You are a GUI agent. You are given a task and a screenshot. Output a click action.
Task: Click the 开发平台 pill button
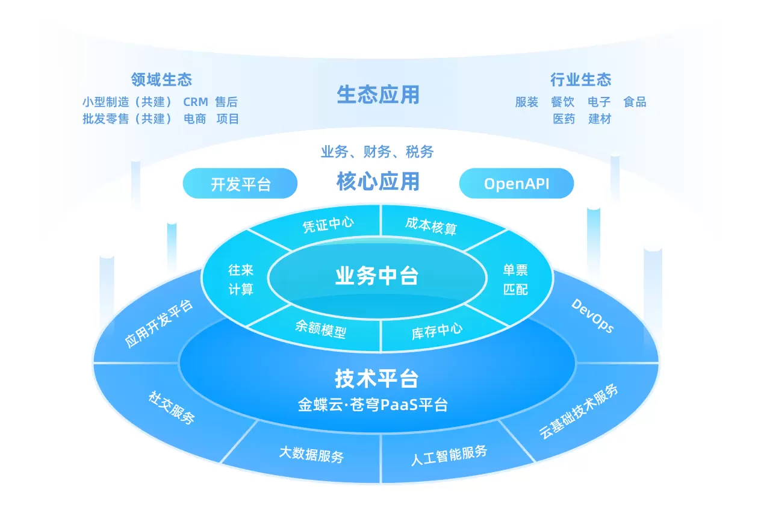click(240, 184)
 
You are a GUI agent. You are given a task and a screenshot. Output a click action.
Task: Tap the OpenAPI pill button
click(517, 184)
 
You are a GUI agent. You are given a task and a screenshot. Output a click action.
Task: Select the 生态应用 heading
click(378, 95)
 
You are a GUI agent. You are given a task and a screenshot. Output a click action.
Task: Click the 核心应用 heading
click(378, 181)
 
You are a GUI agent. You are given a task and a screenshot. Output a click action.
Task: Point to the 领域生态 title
click(162, 79)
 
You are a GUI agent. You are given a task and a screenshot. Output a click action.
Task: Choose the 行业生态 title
click(581, 79)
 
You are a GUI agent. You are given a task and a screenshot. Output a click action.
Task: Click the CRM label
click(196, 102)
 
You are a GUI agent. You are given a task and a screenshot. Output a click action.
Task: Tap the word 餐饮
click(562, 102)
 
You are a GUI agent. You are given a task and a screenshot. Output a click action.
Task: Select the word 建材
click(600, 119)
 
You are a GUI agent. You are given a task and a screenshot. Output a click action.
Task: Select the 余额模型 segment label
click(321, 329)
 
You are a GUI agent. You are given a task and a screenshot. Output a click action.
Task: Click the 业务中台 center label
click(377, 276)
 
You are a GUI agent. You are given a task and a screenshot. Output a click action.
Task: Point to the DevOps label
click(593, 316)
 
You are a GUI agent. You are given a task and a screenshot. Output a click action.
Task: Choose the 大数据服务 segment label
click(311, 455)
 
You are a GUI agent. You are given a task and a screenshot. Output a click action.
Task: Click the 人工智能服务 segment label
click(449, 455)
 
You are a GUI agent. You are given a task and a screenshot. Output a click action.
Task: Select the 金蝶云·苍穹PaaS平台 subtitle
click(373, 405)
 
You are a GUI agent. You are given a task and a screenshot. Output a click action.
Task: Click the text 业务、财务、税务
click(377, 152)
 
